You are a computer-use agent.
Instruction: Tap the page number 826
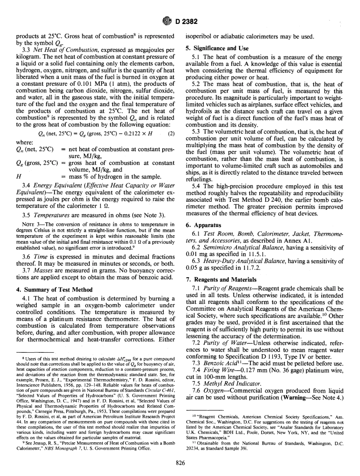click(180, 459)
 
